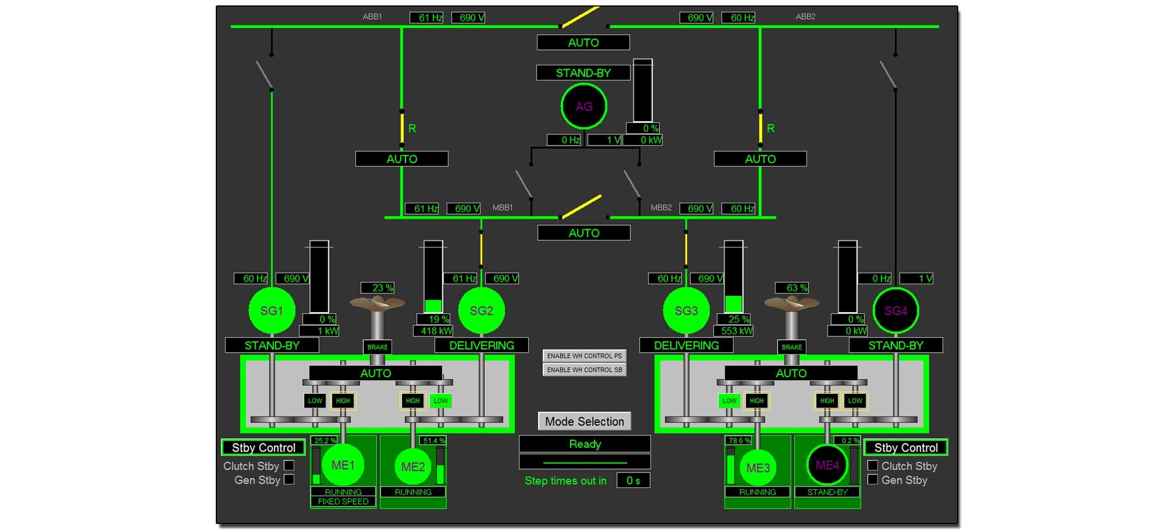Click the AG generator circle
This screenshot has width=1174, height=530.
(584, 107)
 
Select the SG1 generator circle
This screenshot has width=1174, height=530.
(272, 311)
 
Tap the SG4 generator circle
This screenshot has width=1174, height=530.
(896, 311)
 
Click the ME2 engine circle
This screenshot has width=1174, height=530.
(413, 466)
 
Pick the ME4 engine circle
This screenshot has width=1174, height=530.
(827, 465)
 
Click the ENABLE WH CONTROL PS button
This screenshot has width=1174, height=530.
(584, 356)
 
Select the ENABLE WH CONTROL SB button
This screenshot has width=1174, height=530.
(584, 370)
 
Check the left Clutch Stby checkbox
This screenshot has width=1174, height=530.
(289, 466)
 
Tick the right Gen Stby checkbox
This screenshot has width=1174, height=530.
(872, 479)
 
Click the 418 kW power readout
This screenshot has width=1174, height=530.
(434, 331)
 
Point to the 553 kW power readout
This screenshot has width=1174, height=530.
(734, 331)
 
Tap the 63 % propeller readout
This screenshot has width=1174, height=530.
(792, 288)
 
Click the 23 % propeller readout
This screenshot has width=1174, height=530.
(378, 288)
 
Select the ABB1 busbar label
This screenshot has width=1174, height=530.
(372, 17)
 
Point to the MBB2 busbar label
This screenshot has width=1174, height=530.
(661, 208)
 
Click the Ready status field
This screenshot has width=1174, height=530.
(585, 444)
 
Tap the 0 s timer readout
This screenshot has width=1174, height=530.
(633, 481)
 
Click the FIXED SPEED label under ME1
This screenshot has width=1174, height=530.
(343, 502)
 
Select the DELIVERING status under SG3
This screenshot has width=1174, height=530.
(686, 346)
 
